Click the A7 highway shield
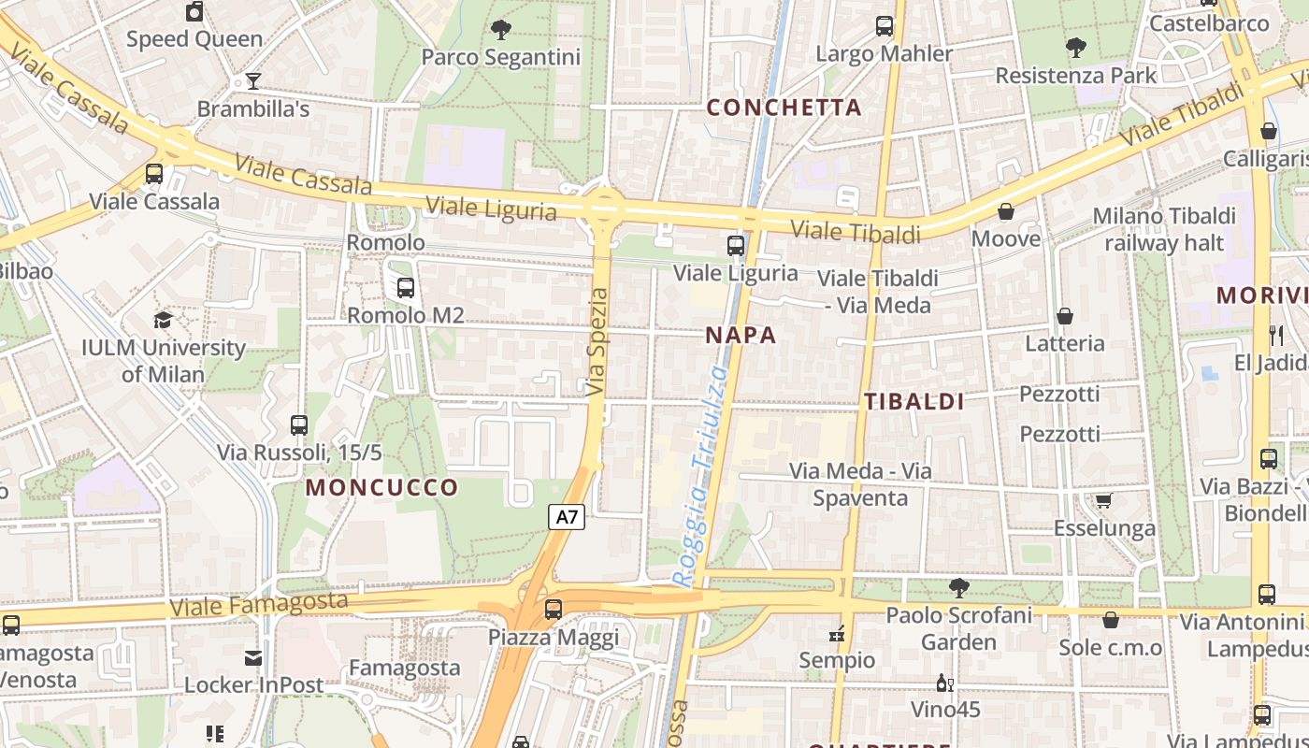pyautogui.click(x=567, y=516)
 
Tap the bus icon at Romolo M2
pyautogui.click(x=405, y=288)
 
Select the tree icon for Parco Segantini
pyautogui.click(x=501, y=30)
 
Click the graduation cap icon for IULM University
pyautogui.click(x=163, y=320)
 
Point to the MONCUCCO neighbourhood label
pyautogui.click(x=381, y=487)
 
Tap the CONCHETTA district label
pyautogui.click(x=784, y=108)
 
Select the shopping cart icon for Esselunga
pyautogui.click(x=1103, y=500)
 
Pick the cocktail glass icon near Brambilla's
pyautogui.click(x=252, y=81)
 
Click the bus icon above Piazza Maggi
pyautogui.click(x=554, y=610)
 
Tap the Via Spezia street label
pyautogui.click(x=597, y=341)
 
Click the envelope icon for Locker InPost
pyautogui.click(x=253, y=657)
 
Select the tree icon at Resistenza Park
pyautogui.click(x=1076, y=47)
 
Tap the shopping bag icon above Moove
pyautogui.click(x=1006, y=211)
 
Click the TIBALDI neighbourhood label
pyautogui.click(x=913, y=402)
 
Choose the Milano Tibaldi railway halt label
pyautogui.click(x=1164, y=229)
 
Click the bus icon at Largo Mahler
pyautogui.click(x=885, y=26)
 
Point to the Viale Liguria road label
pyautogui.click(x=491, y=208)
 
